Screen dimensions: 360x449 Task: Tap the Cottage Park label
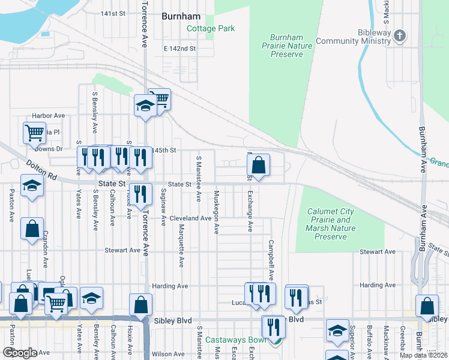pos(211,28)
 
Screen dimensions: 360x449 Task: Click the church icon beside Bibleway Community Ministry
pos(400,37)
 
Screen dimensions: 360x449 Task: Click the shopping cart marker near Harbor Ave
pos(34,133)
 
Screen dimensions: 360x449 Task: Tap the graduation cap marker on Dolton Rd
pos(32,185)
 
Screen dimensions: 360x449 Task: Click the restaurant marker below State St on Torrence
pos(140,194)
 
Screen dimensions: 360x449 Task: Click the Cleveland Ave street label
pos(190,218)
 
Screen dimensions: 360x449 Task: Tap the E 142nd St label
pos(179,49)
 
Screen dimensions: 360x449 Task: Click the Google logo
pos(19,353)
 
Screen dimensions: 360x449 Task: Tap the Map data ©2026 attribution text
pos(424,355)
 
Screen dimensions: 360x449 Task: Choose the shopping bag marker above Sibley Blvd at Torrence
pos(140,305)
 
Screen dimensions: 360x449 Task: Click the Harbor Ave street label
pos(49,115)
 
